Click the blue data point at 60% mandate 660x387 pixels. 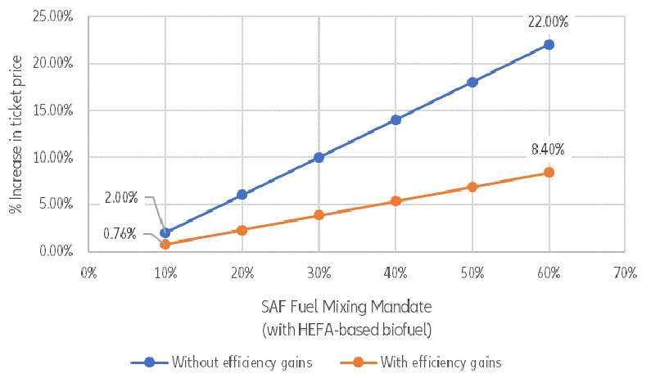point(549,44)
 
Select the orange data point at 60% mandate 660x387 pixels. point(549,172)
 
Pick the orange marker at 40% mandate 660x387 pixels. point(396,200)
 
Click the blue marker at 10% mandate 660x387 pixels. point(165,232)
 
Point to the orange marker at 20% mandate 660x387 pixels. point(242,230)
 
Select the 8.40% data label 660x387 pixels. point(548,149)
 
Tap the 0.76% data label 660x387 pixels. point(120,234)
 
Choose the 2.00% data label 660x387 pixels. point(121,197)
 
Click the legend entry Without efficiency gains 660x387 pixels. point(231,362)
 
